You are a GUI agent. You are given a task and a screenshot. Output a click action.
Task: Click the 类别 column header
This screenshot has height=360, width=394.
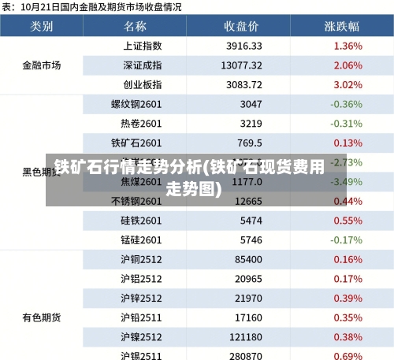pos(42,26)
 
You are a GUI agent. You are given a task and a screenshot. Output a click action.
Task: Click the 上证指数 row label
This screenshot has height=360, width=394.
pos(142,46)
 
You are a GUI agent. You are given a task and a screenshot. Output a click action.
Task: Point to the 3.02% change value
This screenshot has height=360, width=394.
pos(348,84)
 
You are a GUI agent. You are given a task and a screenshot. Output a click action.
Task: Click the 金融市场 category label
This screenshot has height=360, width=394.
pos(42,65)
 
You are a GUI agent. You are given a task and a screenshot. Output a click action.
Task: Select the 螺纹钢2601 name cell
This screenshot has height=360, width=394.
pos(136,104)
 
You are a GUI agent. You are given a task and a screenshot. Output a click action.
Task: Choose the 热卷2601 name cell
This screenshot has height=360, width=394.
pos(141,124)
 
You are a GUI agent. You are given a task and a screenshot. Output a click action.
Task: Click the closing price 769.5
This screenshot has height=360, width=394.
pos(250,143)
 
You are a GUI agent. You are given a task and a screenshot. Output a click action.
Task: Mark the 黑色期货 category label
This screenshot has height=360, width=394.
pos(42,171)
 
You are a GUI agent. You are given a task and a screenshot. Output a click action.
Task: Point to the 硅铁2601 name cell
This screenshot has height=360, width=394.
pos(141,221)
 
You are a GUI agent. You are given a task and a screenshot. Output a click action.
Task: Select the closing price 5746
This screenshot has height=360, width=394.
pos(251,239)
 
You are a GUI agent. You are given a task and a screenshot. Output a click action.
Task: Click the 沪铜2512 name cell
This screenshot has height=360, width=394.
pos(141,259)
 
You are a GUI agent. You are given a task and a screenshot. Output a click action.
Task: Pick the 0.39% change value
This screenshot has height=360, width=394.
pos(348,298)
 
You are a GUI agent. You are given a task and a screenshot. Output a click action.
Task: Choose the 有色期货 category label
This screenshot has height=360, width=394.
pos(42,317)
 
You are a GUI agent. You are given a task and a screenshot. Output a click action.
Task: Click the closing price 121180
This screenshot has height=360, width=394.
pos(247,336)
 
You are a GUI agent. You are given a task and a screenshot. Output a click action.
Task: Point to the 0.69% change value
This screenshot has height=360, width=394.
pos(348,355)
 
